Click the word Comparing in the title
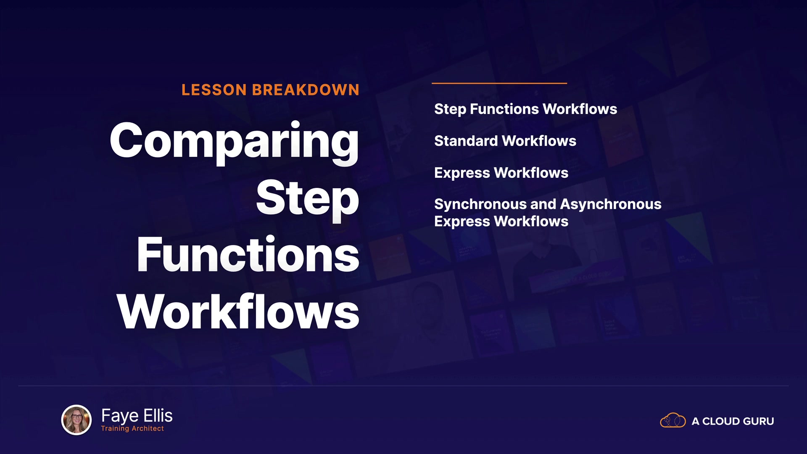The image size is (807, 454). pyautogui.click(x=234, y=142)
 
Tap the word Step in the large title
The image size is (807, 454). pyautogui.click(x=308, y=199)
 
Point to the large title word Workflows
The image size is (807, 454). pyautogui.click(x=238, y=311)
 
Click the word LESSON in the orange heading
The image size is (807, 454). pyautogui.click(x=214, y=90)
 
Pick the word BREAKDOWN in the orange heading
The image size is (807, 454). pyautogui.click(x=306, y=90)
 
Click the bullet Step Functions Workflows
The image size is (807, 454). pyautogui.click(x=525, y=109)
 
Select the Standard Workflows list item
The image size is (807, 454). pyautogui.click(x=505, y=141)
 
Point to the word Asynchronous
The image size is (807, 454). pyautogui.click(x=611, y=205)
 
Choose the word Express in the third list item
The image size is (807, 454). pyautogui.click(x=462, y=174)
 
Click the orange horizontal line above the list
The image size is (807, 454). pyautogui.click(x=499, y=83)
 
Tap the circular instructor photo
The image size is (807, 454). pyautogui.click(x=76, y=420)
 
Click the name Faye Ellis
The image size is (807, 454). pyautogui.click(x=137, y=416)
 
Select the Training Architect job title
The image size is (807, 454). pyautogui.click(x=132, y=428)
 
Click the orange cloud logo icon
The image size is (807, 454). pyautogui.click(x=673, y=420)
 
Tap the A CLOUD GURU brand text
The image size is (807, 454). pyautogui.click(x=733, y=421)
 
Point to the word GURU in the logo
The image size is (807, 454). pyautogui.click(x=759, y=421)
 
